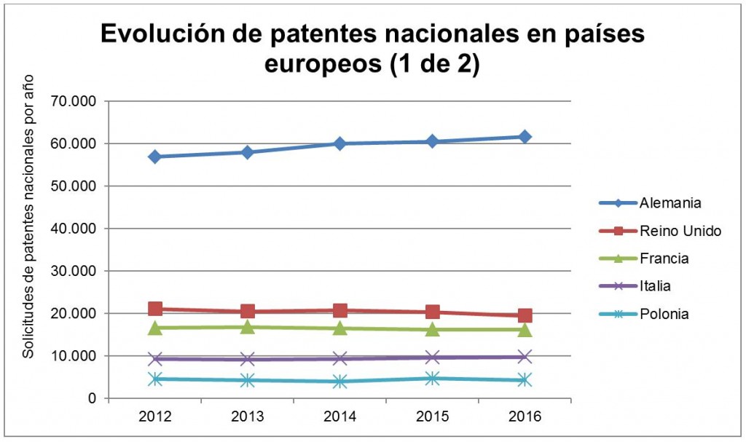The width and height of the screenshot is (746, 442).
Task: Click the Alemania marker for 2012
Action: click(x=155, y=157)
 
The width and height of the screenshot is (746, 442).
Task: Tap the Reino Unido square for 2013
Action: click(x=248, y=312)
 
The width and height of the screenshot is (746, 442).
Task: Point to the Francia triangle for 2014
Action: click(x=340, y=328)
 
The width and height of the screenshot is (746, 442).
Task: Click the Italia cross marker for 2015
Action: click(x=432, y=357)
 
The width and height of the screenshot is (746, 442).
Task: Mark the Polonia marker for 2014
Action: click(x=340, y=382)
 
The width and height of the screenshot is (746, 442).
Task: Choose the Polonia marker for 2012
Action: click(x=155, y=379)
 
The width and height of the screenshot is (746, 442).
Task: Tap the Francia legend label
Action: click(x=664, y=259)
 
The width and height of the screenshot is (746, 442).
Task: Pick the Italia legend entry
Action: click(x=657, y=286)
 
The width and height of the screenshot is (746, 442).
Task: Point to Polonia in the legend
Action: click(x=664, y=314)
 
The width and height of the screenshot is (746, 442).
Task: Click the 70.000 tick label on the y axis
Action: click(x=74, y=101)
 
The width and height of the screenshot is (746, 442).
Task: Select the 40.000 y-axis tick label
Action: click(x=74, y=229)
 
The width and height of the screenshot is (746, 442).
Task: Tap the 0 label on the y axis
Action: click(x=92, y=398)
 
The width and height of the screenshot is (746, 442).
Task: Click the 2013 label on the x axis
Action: click(x=248, y=417)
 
